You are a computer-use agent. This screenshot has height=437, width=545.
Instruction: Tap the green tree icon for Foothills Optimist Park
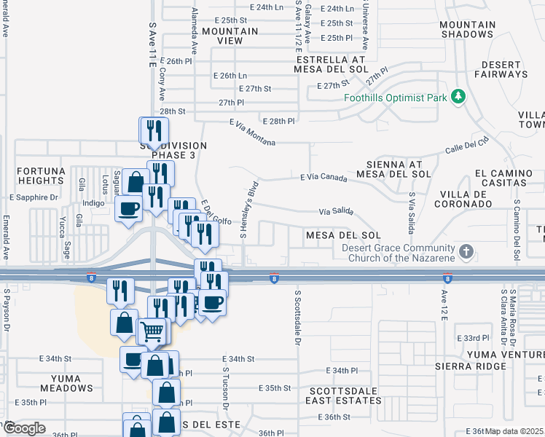click(x=458, y=96)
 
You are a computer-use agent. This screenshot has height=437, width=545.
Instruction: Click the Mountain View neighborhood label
click(x=230, y=36)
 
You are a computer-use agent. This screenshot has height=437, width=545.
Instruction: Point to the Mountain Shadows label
click(x=467, y=29)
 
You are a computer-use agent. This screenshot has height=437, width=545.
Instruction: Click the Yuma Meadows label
click(x=71, y=383)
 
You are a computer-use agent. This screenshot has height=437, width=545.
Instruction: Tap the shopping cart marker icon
click(x=152, y=332)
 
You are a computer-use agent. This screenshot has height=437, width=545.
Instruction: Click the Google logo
click(x=23, y=428)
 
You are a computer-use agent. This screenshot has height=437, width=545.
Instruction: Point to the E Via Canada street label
click(x=324, y=177)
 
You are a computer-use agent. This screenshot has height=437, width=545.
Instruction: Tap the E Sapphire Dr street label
click(x=34, y=197)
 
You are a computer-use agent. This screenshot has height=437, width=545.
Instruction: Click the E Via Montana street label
click(x=252, y=133)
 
